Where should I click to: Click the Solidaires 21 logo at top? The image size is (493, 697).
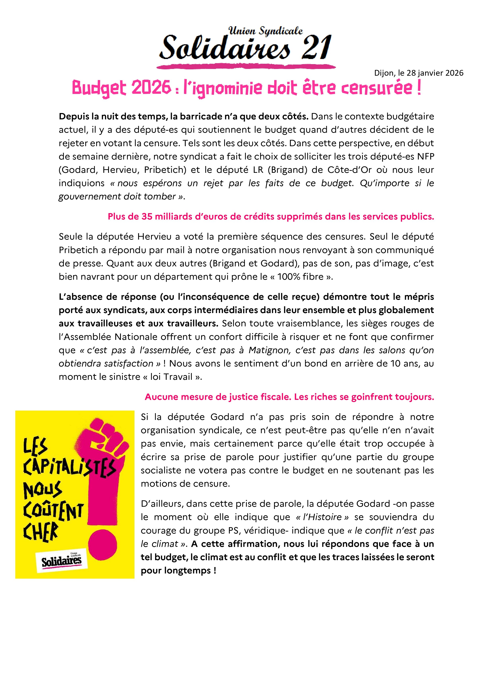(x=245, y=48)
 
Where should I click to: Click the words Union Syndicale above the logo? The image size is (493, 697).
(x=265, y=31)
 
